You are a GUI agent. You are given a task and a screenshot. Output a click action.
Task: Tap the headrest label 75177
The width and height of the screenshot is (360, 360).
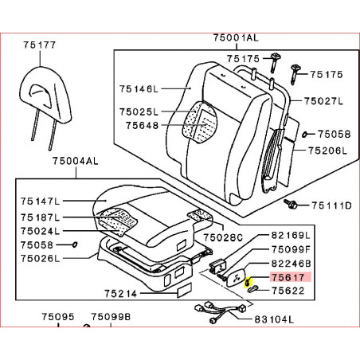point(40,45)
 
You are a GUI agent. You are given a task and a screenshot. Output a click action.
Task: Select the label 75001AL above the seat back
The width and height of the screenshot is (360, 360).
point(236,37)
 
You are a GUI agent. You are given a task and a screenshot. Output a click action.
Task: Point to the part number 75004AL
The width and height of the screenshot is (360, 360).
point(76,161)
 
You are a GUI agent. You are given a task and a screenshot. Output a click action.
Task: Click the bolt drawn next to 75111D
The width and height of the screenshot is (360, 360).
point(290,204)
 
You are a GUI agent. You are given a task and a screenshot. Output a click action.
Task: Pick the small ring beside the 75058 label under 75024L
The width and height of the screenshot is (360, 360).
point(75,245)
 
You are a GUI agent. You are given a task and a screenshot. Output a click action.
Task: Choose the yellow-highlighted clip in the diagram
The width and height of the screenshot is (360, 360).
point(247,283)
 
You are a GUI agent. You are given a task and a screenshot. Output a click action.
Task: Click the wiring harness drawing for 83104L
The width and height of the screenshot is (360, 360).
point(221,311)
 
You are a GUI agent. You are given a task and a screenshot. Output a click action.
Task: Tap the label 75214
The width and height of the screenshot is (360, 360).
point(120,293)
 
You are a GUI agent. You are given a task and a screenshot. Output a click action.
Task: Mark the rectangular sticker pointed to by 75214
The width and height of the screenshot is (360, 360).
point(185,290)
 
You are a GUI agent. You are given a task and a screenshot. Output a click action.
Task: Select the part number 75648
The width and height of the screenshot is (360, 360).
point(143,125)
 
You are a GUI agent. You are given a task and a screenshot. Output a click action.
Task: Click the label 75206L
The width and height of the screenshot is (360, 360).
point(327,151)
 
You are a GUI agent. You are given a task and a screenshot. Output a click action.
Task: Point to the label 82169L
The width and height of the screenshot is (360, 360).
point(291,235)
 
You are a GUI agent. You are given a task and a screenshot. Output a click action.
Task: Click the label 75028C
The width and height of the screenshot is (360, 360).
point(223,237)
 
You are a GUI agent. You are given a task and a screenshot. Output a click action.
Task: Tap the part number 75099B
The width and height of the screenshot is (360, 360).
point(111,317)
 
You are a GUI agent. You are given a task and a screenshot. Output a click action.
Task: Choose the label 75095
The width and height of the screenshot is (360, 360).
point(58,317)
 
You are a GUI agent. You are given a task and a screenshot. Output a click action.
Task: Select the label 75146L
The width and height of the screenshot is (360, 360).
point(139,88)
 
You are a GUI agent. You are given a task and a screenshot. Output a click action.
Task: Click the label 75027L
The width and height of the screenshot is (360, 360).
point(323,101)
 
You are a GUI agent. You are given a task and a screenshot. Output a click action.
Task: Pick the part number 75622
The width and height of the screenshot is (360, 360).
point(288,291)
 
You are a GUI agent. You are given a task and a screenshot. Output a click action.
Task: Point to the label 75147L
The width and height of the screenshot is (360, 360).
point(41,202)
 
